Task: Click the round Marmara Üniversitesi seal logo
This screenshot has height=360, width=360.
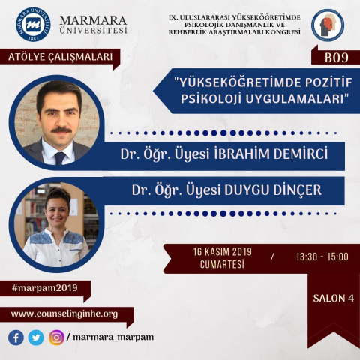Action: pyautogui.click(x=33, y=25)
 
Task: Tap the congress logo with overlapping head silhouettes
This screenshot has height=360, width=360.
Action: pyautogui.click(x=328, y=25)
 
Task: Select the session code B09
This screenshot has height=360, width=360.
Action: pyautogui.click(x=337, y=58)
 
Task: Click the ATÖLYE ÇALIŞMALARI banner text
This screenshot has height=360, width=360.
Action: pyautogui.click(x=60, y=57)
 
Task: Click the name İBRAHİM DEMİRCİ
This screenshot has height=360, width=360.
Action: pyautogui.click(x=271, y=154)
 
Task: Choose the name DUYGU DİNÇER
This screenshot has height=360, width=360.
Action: pyautogui.click(x=273, y=190)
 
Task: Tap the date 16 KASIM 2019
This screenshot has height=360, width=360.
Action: pyautogui.click(x=222, y=252)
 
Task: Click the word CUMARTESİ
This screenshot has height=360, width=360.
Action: pyautogui.click(x=222, y=264)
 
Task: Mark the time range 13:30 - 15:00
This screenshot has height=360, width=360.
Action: pyautogui.click(x=322, y=256)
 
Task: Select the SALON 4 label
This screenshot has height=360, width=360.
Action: pyautogui.click(x=334, y=298)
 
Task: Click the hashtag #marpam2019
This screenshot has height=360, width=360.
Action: pyautogui.click(x=45, y=288)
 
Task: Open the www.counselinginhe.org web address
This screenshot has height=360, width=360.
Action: pyautogui.click(x=64, y=314)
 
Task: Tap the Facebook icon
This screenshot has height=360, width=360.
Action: pyautogui.click(x=16, y=337)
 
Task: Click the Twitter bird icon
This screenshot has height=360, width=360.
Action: pyautogui.click(x=36, y=337)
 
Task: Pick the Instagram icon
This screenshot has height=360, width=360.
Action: pyautogui.click(x=56, y=337)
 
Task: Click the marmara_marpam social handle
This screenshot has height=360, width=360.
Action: pyautogui.click(x=113, y=337)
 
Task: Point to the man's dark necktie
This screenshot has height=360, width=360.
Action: pyautogui.click(x=60, y=158)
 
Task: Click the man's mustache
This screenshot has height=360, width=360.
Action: pyautogui.click(x=61, y=130)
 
